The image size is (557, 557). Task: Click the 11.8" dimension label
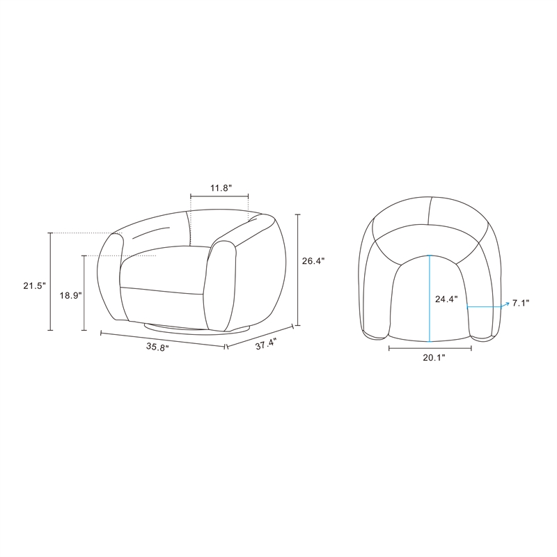pyautogui.click(x=221, y=188)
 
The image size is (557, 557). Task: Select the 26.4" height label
pyautogui.click(x=313, y=261)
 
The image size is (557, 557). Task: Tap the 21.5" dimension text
pyautogui.click(x=34, y=285)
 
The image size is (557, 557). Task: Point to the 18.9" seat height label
pyautogui.click(x=71, y=295)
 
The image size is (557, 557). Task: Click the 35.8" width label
pyautogui.click(x=157, y=347)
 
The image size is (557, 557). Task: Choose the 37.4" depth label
pyautogui.click(x=266, y=344)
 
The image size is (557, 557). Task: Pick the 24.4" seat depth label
pyautogui.click(x=446, y=299)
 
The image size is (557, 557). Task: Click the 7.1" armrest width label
pyautogui.click(x=521, y=303)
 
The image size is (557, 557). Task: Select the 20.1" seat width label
pyautogui.click(x=434, y=358)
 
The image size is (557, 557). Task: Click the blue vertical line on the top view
pyautogui.click(x=430, y=299)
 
